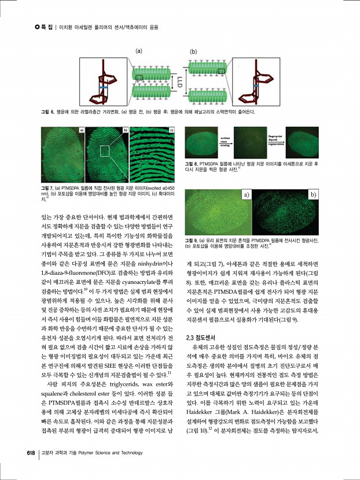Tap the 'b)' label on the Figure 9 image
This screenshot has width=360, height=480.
(x=313, y=195)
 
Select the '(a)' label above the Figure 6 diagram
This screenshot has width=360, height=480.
(x=139, y=51)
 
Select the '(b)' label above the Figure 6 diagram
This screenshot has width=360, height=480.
(x=193, y=51)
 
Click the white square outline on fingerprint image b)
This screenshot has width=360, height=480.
(x=105, y=152)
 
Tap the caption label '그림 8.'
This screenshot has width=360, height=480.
(x=193, y=164)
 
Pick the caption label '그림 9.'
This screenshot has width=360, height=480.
(x=193, y=241)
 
